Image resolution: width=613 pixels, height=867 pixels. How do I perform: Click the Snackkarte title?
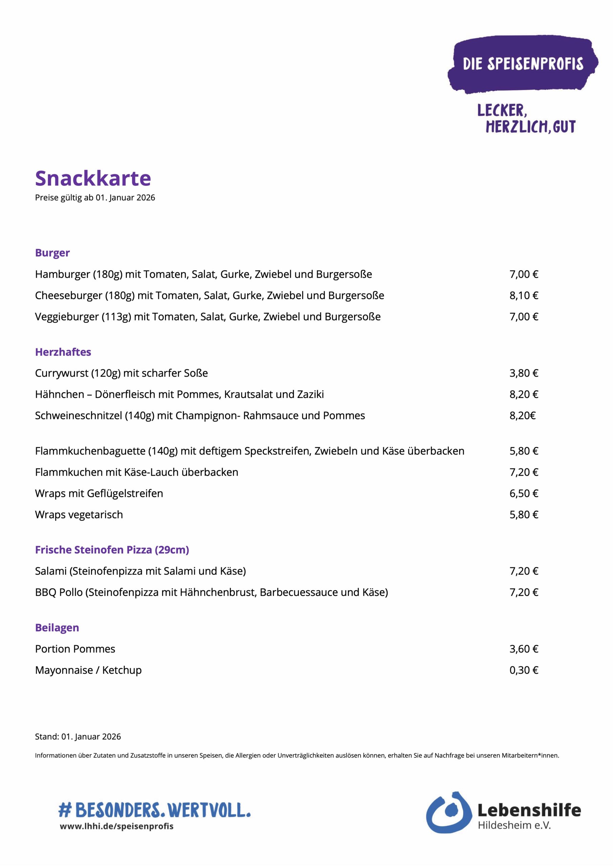pos(93,178)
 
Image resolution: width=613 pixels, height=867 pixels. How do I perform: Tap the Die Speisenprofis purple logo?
pos(522,65)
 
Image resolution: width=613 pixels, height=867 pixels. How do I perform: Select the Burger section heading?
pos(52,253)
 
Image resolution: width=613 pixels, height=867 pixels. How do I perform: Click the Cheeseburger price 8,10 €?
pos(524,295)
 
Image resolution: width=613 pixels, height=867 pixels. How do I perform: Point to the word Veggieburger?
pos(67,316)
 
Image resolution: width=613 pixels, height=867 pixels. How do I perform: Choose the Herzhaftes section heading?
pos(63,352)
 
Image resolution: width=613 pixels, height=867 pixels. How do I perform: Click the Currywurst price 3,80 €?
pos(524,373)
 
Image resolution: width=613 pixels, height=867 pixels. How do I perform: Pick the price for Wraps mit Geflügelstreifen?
pos(524,493)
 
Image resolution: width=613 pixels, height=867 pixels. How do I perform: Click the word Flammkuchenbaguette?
pos(90,451)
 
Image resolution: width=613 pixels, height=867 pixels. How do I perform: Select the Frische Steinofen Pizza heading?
pos(112,550)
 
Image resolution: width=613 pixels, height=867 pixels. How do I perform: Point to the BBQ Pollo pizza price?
pos(524,592)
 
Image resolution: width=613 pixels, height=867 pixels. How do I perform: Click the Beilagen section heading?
pos(57,628)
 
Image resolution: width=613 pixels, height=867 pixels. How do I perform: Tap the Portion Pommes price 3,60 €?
pos(524,649)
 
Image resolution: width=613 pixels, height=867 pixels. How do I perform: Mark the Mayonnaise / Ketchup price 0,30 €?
pos(524,670)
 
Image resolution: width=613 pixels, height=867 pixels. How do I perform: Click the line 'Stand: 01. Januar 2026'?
pos(78,736)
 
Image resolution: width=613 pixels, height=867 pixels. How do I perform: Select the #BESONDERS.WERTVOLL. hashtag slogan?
pos(154,810)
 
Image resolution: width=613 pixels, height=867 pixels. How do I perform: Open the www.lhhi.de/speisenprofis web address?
pos(116,826)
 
